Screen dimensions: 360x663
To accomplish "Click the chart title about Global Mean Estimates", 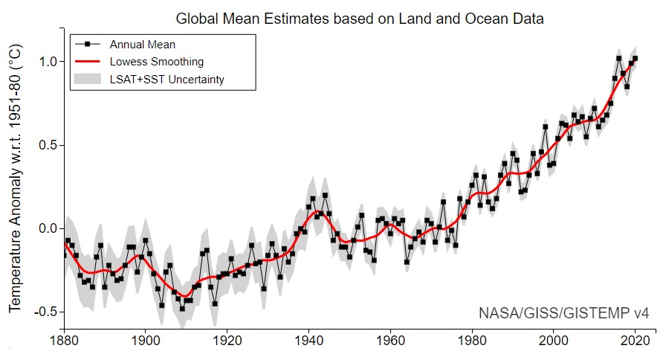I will pyautogui.click(x=359, y=18).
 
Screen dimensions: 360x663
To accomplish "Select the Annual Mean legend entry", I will pyautogui.click(x=142, y=45).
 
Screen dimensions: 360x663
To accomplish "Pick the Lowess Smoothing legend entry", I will pyautogui.click(x=156, y=62).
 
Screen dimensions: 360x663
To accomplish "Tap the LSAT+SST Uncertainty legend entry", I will pyautogui.click(x=166, y=79).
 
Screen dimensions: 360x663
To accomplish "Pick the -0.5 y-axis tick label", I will pyautogui.click(x=43, y=312).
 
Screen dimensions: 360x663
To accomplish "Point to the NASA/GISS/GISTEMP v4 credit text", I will pyautogui.click(x=564, y=312).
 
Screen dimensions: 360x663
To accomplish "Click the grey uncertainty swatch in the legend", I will pyautogui.click(x=88, y=79).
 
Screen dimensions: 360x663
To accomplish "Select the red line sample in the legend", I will pyautogui.click(x=88, y=62).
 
